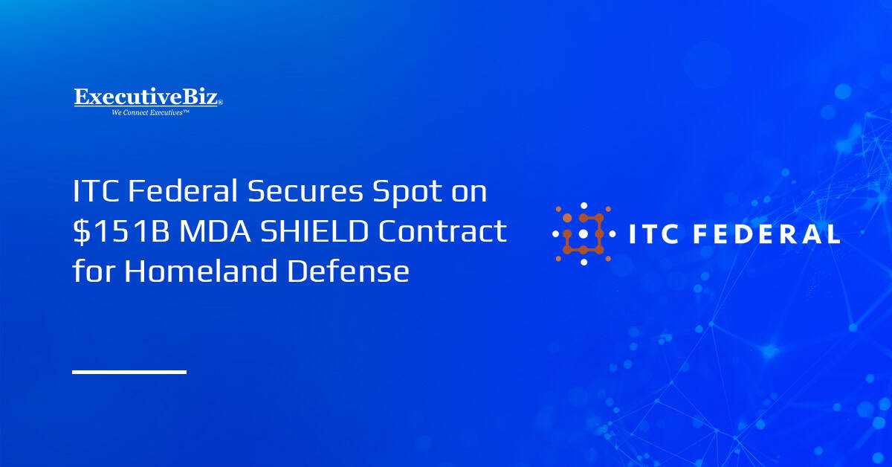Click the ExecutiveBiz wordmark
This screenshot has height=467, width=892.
[146, 97]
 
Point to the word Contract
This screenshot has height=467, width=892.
[442, 232]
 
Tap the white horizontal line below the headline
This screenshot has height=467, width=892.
[129, 371]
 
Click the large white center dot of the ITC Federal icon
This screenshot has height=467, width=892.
[584, 233]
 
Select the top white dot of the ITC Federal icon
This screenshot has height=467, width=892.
[584, 205]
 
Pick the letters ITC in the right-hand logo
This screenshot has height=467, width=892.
[655, 235]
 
